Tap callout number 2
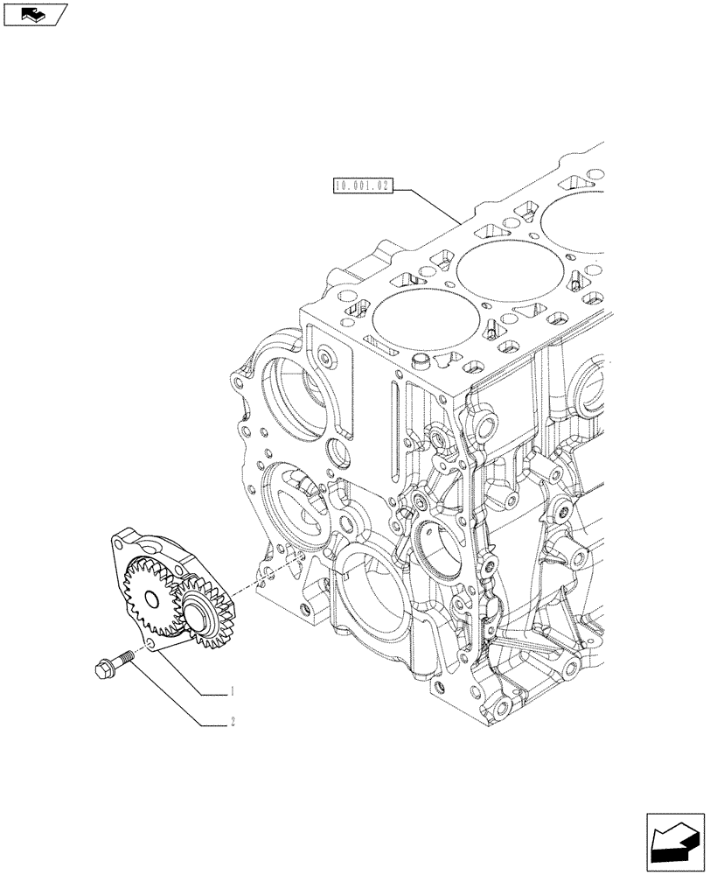point(233,723)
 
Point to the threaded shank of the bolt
point(124,657)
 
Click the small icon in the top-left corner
point(34,13)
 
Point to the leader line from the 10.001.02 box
point(428,200)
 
